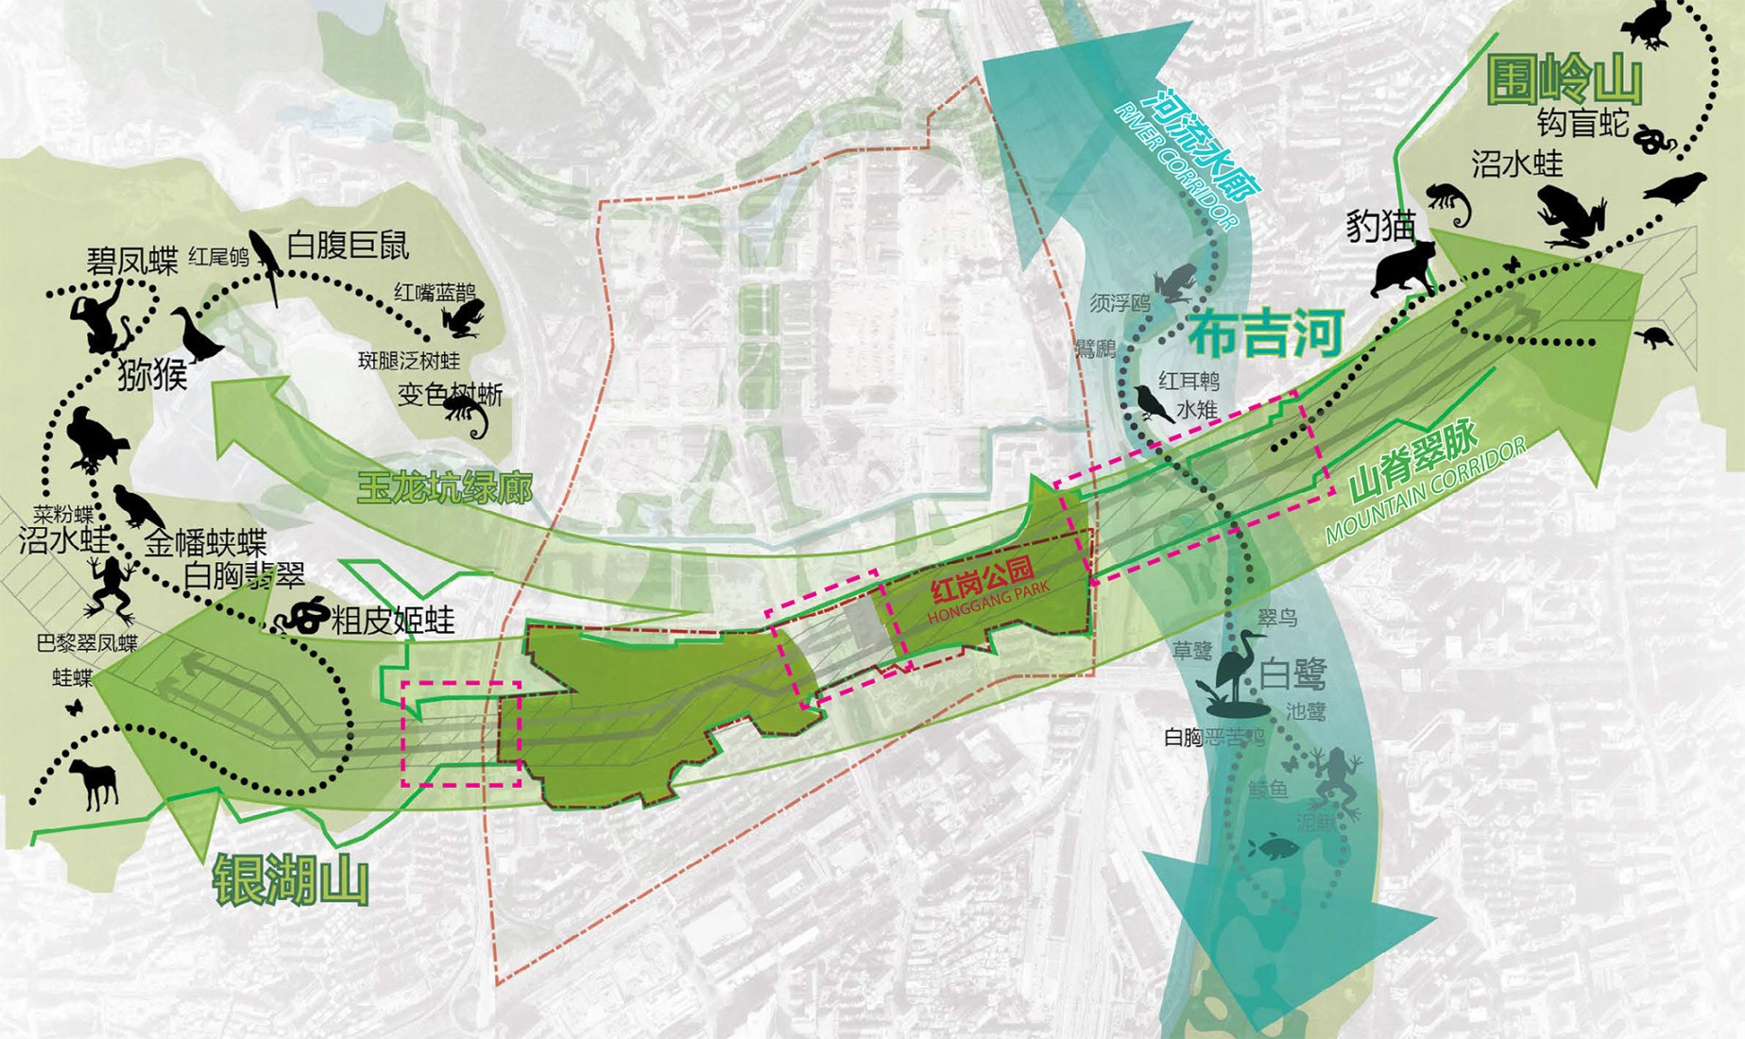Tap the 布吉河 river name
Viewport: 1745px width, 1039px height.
[1265, 334]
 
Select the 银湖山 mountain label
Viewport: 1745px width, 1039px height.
[290, 881]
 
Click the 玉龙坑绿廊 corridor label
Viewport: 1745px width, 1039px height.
[444, 487]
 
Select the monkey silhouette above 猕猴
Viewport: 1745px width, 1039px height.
[102, 319]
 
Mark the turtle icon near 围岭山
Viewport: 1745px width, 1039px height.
[1653, 336]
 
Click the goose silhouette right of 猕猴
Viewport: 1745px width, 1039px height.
[195, 334]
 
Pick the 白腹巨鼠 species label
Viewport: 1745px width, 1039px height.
[348, 247]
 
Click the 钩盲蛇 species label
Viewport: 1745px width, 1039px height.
[1582, 123]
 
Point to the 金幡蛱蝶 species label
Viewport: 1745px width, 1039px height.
[205, 544]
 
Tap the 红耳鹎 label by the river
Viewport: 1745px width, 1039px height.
[1189, 382]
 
